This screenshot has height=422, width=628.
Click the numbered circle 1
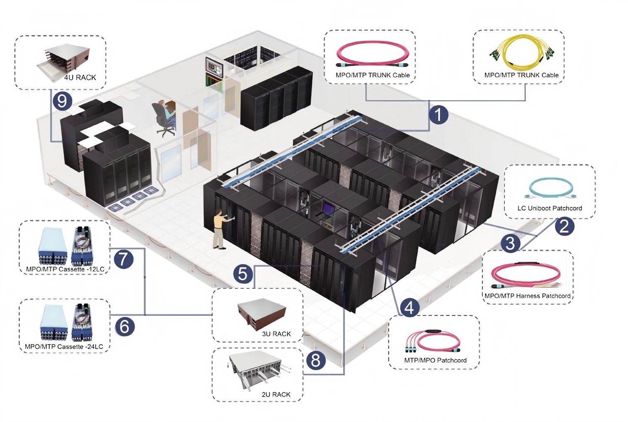pos(439,114)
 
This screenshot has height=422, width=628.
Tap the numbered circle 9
pos(62,101)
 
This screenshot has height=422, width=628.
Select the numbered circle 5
pos(243,274)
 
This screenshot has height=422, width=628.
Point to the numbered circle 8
pos(316,360)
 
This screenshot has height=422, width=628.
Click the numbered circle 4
pos(409,307)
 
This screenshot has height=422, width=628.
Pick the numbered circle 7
pos(123,259)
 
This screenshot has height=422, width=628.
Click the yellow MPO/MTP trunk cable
pos(522,54)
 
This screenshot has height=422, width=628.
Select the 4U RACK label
pos(80,77)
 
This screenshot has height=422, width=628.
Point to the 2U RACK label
pos(276,394)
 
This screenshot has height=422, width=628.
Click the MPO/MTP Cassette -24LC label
pos(64,346)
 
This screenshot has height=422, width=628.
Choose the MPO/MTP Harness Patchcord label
pos(527,296)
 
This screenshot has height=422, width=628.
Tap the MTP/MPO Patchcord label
pos(435,360)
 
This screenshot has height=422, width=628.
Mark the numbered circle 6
pos(124,326)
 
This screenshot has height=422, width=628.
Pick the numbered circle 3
pos(510,243)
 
